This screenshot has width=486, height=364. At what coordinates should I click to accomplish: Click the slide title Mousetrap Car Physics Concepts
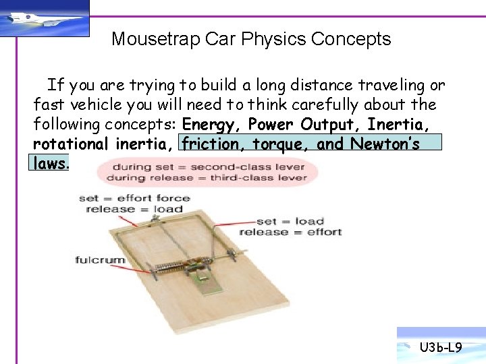[251, 39]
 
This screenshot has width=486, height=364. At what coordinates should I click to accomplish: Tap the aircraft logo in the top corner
[45, 19]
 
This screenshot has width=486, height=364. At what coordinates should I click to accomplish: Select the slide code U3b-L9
[440, 348]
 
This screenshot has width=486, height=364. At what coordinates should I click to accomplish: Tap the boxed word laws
[50, 163]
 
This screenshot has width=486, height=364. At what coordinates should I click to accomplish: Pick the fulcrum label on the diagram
[100, 260]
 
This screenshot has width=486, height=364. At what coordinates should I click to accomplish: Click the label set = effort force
[134, 198]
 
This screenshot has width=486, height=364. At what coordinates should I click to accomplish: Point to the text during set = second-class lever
[209, 166]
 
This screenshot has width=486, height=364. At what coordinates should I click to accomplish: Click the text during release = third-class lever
[209, 178]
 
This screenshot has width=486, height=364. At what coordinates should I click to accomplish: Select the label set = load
[290, 221]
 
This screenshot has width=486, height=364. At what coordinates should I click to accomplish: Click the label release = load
[134, 209]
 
